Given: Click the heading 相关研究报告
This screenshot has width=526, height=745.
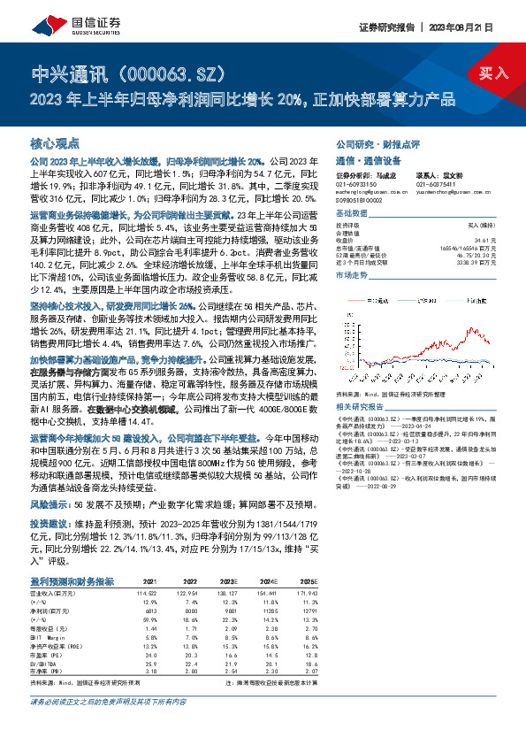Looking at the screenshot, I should point(358,405).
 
